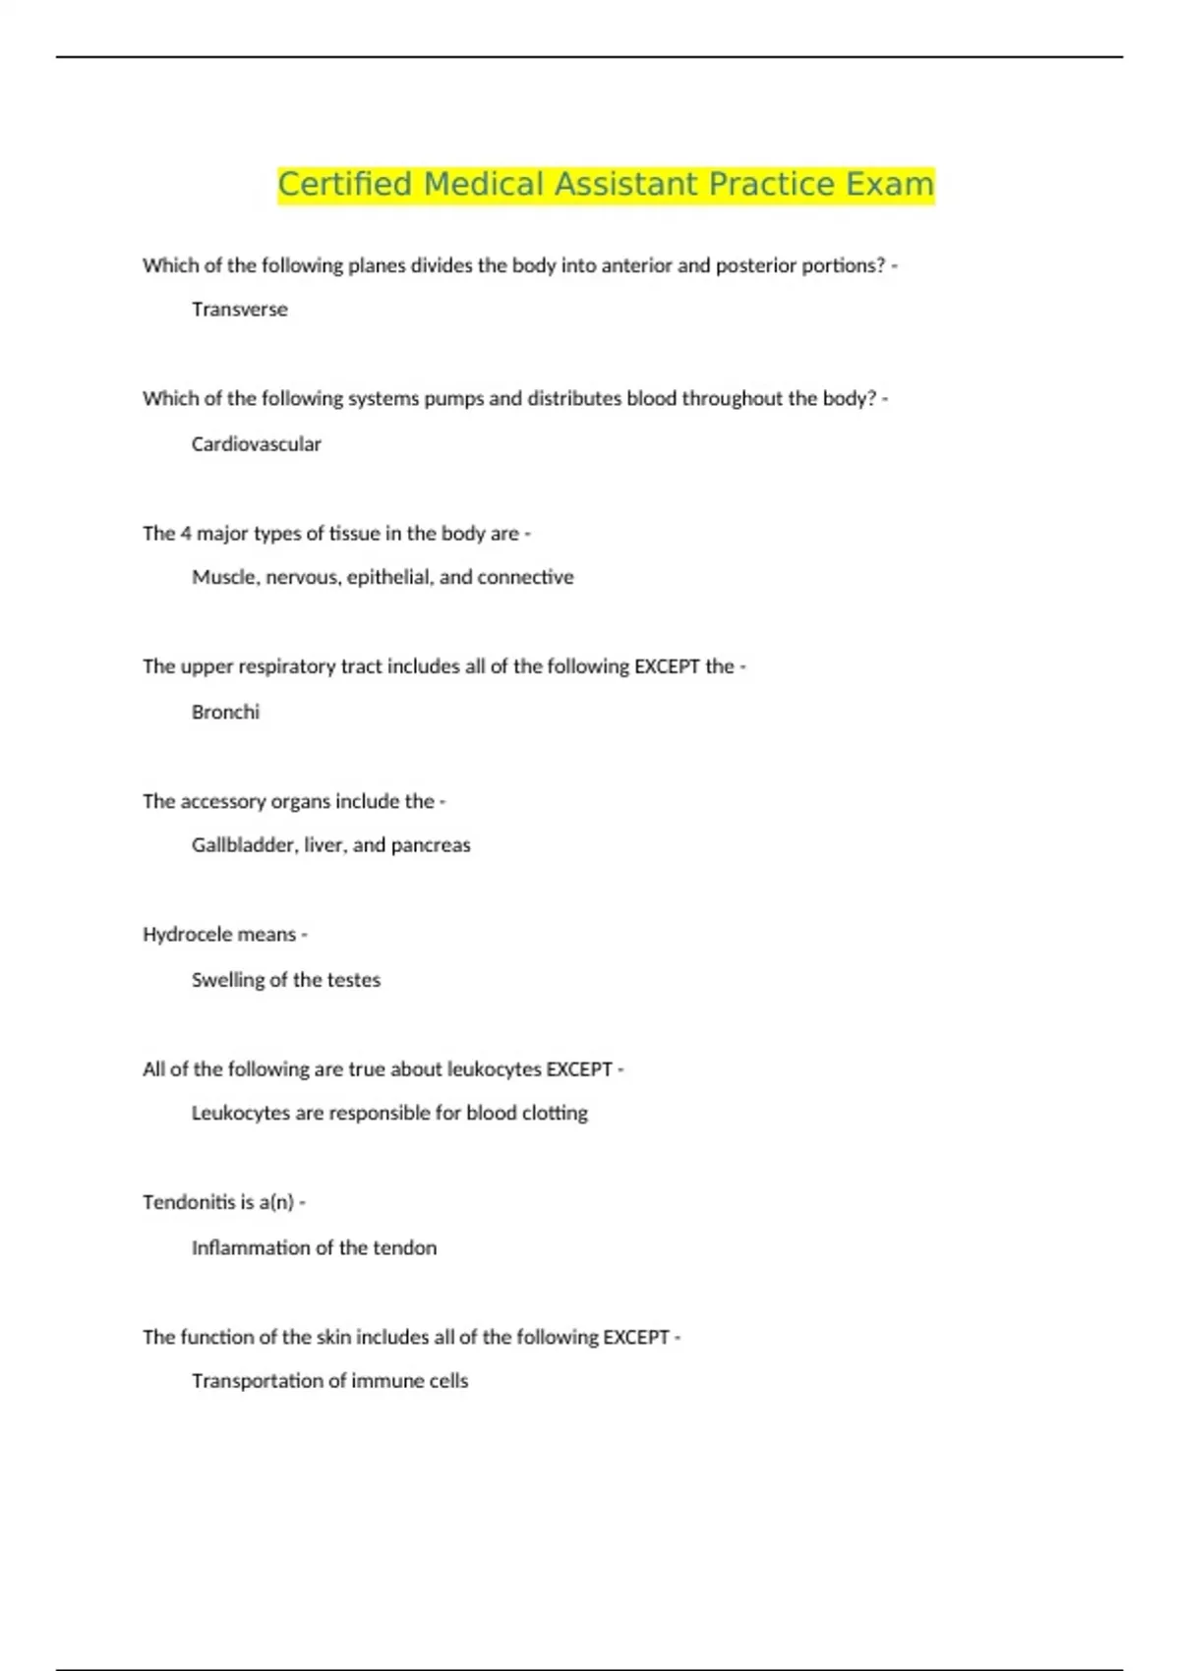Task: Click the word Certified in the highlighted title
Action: click(x=344, y=185)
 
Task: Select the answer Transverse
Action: click(x=239, y=310)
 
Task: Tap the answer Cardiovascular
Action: click(x=256, y=444)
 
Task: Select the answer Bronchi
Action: click(x=225, y=713)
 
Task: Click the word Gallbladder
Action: click(x=243, y=845)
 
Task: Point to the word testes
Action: click(x=353, y=980)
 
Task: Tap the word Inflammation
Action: click(x=250, y=1248)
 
